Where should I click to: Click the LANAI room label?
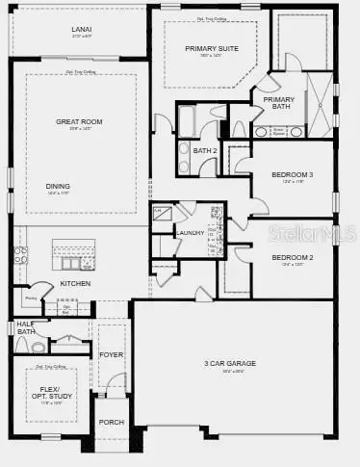(81, 29)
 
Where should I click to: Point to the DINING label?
(58, 186)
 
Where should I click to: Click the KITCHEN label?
(75, 283)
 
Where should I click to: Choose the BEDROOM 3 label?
(293, 174)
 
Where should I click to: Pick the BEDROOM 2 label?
(293, 258)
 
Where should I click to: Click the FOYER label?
(112, 354)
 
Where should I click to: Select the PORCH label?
(112, 422)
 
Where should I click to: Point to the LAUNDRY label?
(190, 232)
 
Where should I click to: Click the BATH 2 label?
(204, 150)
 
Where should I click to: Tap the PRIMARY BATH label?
(279, 103)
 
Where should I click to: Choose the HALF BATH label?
(25, 328)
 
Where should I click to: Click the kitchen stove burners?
(20, 256)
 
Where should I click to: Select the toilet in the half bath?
(39, 345)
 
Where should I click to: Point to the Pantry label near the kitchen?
(30, 298)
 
